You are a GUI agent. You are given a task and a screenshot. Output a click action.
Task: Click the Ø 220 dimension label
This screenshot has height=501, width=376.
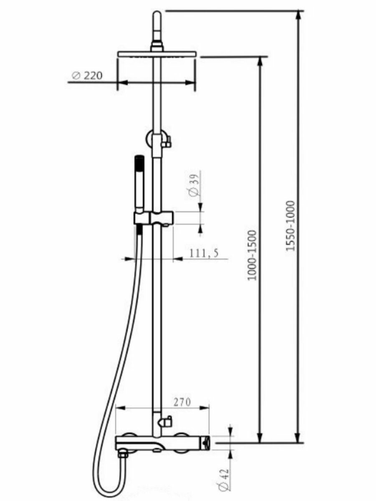coord(87,75)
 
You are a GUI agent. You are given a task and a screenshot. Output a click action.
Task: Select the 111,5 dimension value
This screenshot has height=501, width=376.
coord(204,253)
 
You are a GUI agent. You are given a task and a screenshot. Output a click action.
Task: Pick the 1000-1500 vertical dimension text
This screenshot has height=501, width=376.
coord(252,255)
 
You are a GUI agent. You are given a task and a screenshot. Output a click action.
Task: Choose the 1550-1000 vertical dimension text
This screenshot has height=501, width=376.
coord(291,226)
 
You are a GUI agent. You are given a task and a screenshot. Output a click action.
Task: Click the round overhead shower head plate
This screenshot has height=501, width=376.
coord(157,54)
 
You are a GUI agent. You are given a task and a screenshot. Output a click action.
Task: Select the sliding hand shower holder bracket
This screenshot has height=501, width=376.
coord(154,218)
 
